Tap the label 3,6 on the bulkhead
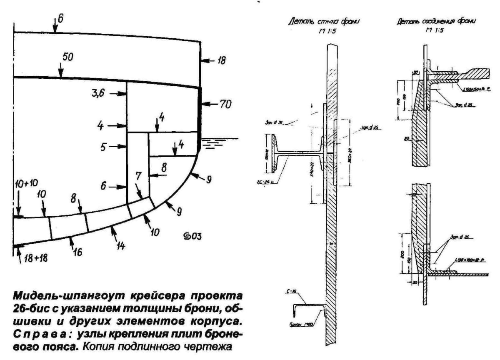click(x=98, y=94)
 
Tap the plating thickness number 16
click(x=77, y=252)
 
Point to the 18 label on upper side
click(x=221, y=61)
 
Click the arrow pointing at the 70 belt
click(x=210, y=104)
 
